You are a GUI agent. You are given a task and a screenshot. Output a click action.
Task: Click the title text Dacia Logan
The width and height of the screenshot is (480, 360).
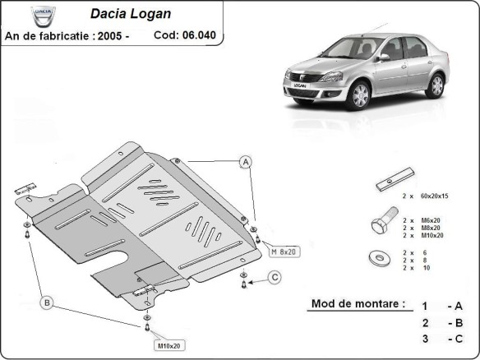(135, 15)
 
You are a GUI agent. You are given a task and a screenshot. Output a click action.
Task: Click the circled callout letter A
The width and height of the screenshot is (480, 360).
(245, 162)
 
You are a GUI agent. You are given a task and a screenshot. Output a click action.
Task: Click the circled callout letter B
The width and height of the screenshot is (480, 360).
(47, 303)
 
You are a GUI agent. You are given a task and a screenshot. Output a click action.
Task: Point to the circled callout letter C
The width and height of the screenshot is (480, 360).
(275, 276)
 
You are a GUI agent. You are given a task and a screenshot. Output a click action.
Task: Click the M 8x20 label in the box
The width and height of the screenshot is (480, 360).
(285, 251)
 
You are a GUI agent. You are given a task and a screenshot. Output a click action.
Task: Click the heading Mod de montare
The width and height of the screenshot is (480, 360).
(358, 303)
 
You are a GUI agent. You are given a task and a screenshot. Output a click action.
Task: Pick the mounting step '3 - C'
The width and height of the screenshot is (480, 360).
(442, 339)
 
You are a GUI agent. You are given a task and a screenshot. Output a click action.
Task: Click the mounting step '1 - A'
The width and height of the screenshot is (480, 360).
(442, 305)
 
